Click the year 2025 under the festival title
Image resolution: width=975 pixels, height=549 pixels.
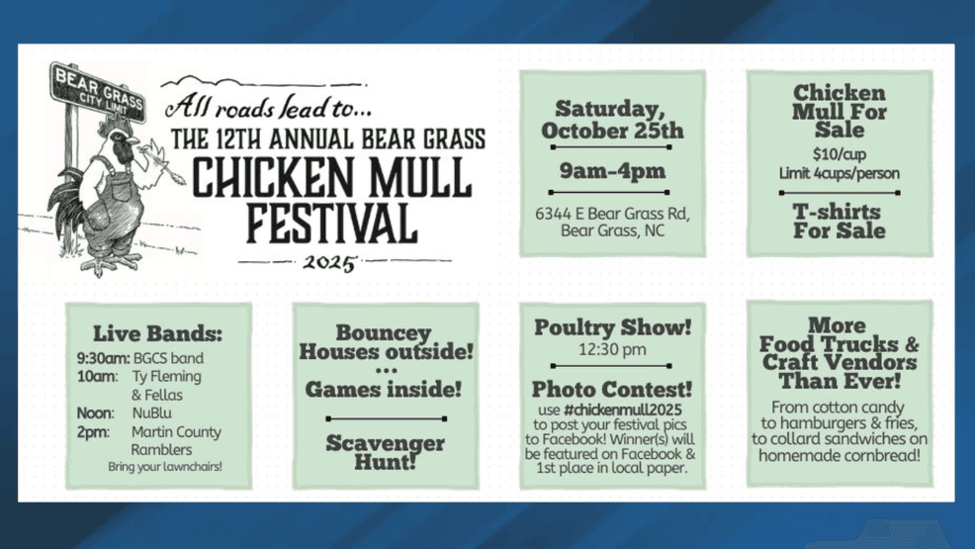pyautogui.click(x=329, y=263)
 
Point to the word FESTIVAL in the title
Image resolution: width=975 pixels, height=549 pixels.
pyautogui.click(x=330, y=224)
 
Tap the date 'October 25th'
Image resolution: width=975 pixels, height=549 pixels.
pyautogui.click(x=611, y=131)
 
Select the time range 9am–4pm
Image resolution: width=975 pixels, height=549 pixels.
pyautogui.click(x=612, y=170)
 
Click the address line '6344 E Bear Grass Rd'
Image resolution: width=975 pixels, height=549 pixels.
pyautogui.click(x=612, y=214)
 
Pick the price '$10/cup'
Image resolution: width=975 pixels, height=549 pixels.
pyautogui.click(x=839, y=154)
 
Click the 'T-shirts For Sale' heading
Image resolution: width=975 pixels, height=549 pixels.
pyautogui.click(x=839, y=221)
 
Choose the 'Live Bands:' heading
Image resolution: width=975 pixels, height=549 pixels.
pyautogui.click(x=158, y=333)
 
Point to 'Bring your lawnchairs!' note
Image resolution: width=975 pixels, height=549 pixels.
pyautogui.click(x=165, y=467)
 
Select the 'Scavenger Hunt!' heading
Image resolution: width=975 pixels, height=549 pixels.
pyautogui.click(x=385, y=451)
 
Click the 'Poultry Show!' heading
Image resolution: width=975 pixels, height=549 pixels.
pyautogui.click(x=612, y=327)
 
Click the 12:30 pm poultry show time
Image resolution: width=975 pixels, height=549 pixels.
pyautogui.click(x=612, y=349)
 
